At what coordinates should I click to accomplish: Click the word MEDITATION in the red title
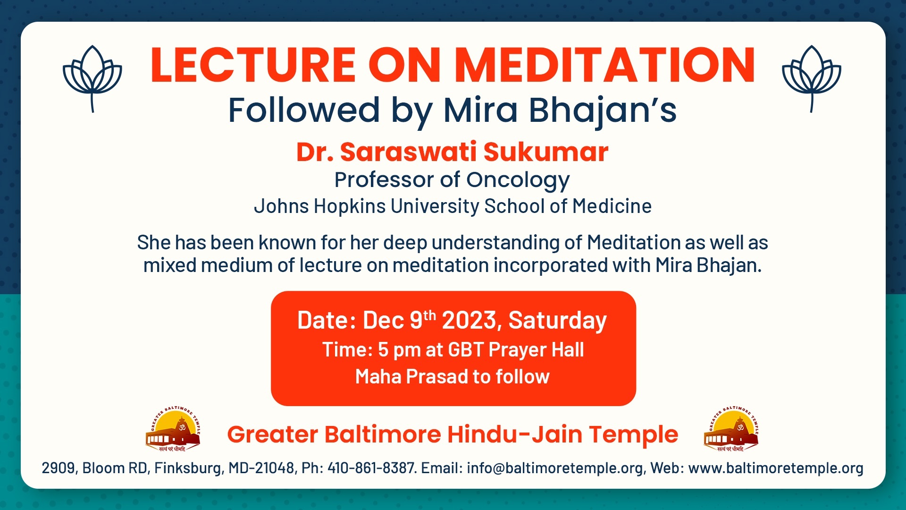(x=605, y=65)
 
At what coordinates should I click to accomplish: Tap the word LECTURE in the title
(x=253, y=65)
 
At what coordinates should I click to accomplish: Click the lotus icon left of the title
(x=92, y=78)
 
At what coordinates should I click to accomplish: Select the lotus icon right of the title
(x=812, y=78)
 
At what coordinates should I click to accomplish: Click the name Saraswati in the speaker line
(x=409, y=152)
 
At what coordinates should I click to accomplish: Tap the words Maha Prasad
(x=411, y=377)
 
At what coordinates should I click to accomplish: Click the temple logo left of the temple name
(x=173, y=429)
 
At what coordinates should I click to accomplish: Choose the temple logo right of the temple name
(x=731, y=429)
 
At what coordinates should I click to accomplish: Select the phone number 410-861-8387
(x=372, y=468)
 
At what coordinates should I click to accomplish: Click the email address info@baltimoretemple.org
(x=555, y=468)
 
